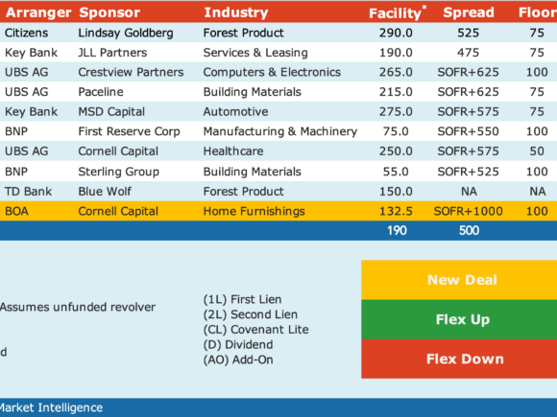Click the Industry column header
(x=236, y=12)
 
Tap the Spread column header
(x=469, y=12)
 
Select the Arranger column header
(x=38, y=12)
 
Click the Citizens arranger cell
(x=26, y=33)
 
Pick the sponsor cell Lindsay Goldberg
(x=126, y=33)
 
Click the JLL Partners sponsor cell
(x=112, y=53)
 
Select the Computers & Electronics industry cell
(x=272, y=72)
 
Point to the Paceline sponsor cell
(x=101, y=92)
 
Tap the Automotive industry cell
(x=235, y=112)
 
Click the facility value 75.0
(x=396, y=131)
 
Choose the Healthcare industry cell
(x=233, y=151)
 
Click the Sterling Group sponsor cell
(x=119, y=172)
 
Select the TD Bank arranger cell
(x=28, y=192)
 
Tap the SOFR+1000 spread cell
(x=469, y=211)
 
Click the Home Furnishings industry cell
(x=254, y=211)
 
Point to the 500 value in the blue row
(x=469, y=230)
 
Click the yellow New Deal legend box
(x=459, y=280)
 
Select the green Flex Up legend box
(x=459, y=319)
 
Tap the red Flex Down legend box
(x=459, y=359)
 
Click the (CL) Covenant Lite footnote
(x=255, y=330)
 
